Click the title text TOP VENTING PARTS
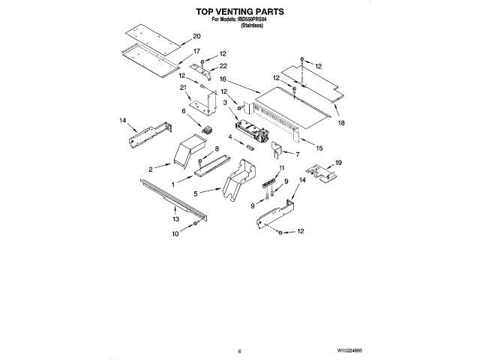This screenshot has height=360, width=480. tap(240, 12)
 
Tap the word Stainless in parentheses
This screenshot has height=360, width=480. tap(252, 25)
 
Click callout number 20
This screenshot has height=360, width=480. tap(196, 36)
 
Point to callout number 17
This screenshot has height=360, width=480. tap(196, 51)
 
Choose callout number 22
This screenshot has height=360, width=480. tap(223, 66)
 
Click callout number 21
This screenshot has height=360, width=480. tap(183, 88)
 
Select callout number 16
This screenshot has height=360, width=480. tap(223, 79)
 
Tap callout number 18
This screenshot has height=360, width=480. tap(341, 123)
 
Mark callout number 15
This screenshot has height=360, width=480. tap(319, 148)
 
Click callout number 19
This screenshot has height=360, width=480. tap(338, 163)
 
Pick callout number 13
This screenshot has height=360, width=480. tap(175, 219)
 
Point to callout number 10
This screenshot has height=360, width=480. tap(175, 234)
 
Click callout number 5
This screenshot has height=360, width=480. tap(196, 193)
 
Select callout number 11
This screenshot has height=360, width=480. tap(282, 168)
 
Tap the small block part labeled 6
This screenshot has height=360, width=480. tap(207, 130)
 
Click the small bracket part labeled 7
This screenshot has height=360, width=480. tap(277, 149)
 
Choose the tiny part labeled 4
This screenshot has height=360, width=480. tap(249, 146)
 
